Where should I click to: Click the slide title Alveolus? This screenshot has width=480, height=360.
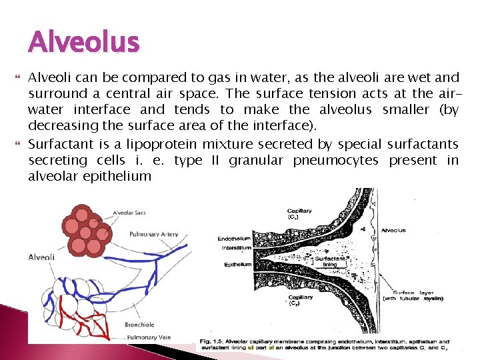84,43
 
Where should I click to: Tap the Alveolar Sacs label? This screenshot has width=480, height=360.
130,213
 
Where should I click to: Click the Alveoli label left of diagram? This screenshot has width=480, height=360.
41,257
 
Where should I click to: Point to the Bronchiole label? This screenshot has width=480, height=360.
139,325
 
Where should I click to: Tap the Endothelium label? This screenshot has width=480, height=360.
234,239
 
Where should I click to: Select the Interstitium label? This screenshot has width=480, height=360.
236,248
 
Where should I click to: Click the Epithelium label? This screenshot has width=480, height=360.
237,265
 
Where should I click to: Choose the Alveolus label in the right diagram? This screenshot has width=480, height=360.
393,231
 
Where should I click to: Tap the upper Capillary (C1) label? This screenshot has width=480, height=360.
300,214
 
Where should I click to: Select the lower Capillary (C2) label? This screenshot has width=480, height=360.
300,300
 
